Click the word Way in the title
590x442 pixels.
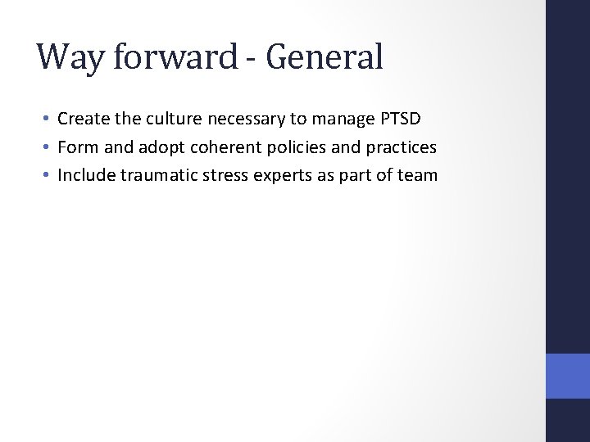[65, 57]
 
